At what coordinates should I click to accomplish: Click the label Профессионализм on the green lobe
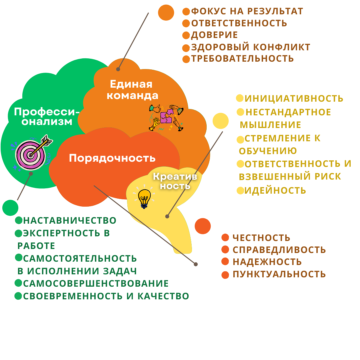point(47,116)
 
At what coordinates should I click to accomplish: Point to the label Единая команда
point(132,90)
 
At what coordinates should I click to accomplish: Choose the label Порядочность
point(112,158)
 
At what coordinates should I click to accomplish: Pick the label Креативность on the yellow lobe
point(175,181)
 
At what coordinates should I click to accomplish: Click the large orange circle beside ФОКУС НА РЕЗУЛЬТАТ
point(166,13)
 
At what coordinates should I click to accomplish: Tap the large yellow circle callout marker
point(220,121)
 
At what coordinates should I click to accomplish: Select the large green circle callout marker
point(10,208)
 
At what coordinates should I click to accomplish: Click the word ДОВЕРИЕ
point(214,35)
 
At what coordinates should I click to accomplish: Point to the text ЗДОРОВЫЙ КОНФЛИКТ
point(251,47)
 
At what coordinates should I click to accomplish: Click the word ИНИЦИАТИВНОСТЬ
point(294,98)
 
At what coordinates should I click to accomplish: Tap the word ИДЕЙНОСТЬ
point(275,190)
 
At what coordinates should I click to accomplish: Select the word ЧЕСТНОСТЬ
point(261,238)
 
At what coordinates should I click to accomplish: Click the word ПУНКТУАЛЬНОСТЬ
point(279,274)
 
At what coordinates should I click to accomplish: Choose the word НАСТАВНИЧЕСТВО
point(70,220)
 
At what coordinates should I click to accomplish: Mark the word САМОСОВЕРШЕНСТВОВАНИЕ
point(96,283)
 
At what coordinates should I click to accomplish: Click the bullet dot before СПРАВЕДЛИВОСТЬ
point(225,250)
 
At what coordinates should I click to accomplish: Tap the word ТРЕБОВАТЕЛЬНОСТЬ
point(242,59)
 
